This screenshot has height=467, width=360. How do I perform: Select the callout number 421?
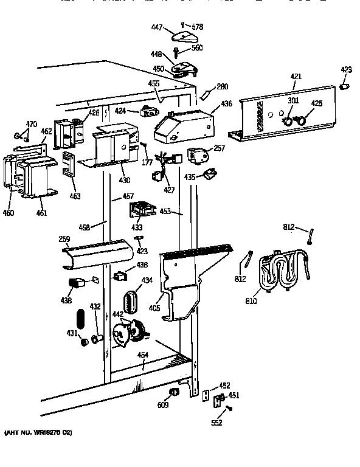[296, 77]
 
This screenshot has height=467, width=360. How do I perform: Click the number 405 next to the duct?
[154, 308]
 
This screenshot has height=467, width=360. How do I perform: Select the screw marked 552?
[229, 409]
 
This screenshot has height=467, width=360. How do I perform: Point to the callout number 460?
[9, 213]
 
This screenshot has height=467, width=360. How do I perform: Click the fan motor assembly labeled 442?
[125, 334]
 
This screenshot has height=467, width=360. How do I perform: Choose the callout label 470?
[30, 124]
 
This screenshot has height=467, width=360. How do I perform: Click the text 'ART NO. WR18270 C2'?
[38, 432]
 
